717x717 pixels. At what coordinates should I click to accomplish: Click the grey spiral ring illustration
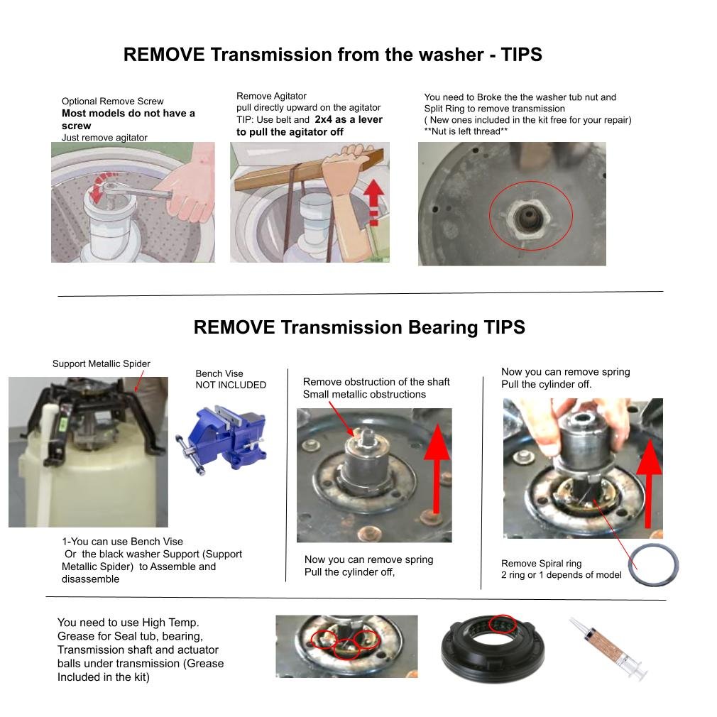pos(652,565)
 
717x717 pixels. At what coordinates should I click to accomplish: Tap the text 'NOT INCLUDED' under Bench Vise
pos(231,385)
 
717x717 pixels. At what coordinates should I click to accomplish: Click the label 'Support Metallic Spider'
pos(101,363)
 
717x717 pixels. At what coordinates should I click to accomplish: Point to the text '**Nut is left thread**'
pos(466,131)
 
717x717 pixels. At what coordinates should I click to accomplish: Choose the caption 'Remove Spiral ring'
pos(541,564)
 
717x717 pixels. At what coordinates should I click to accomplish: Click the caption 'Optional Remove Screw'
pos(112,102)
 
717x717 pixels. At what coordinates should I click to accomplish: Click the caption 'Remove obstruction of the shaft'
pos(376,382)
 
